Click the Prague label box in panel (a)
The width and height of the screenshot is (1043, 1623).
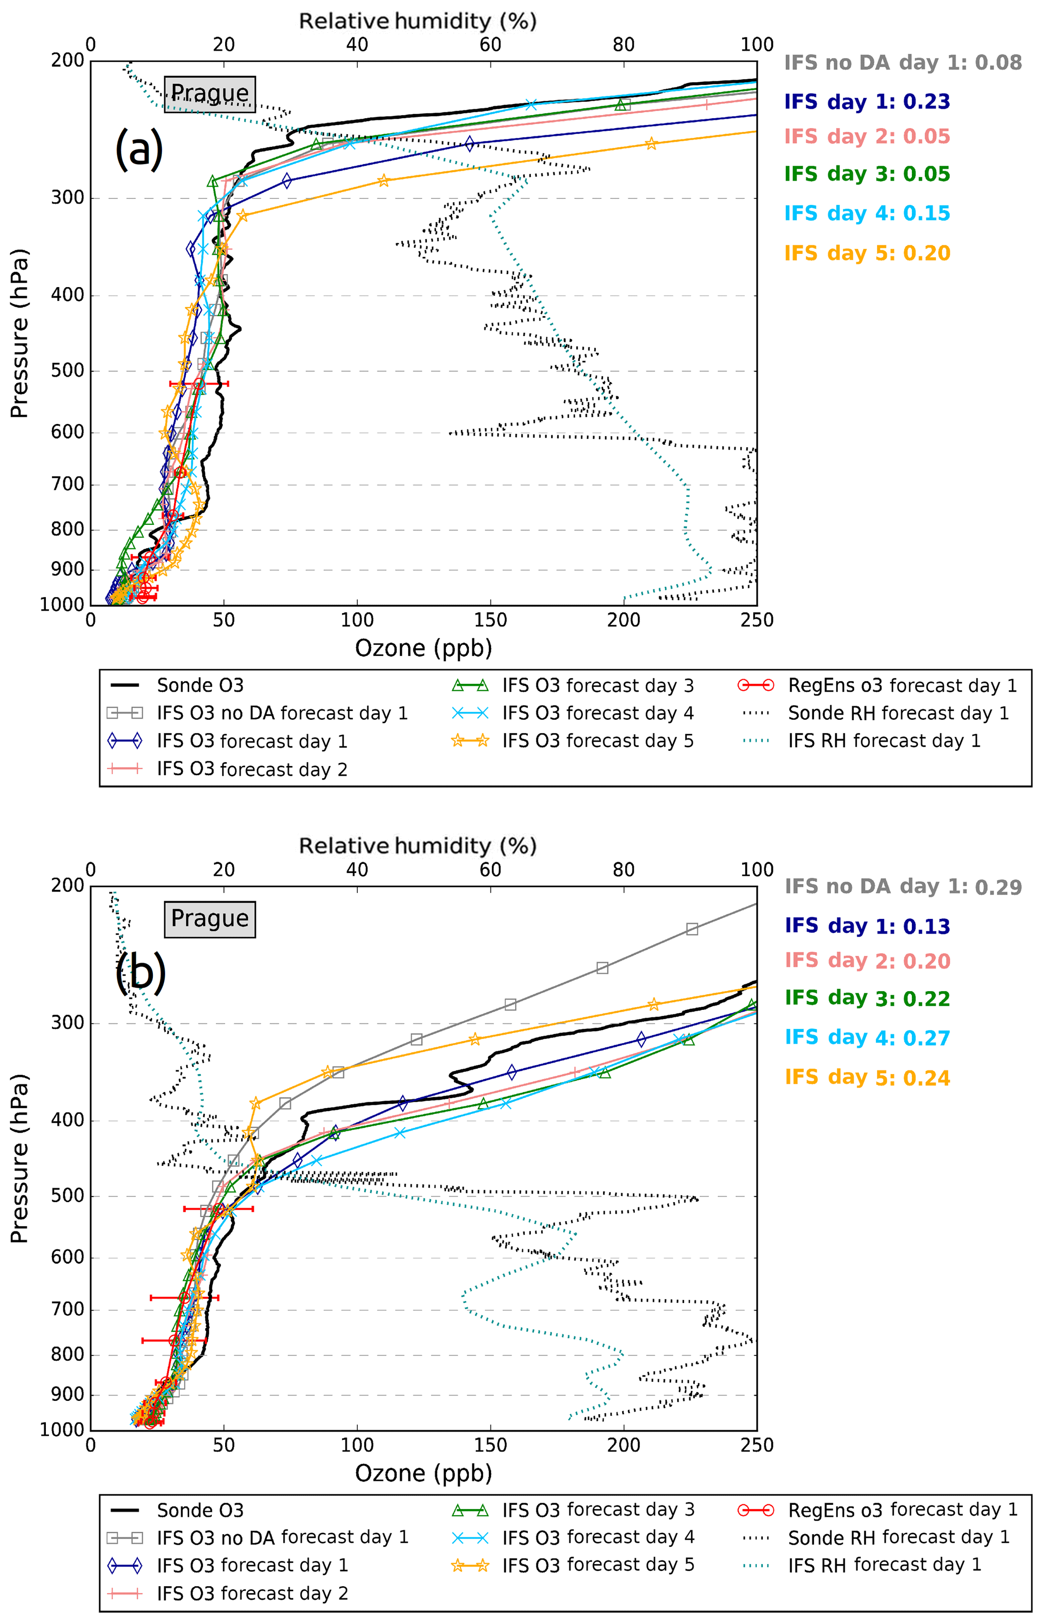point(210,93)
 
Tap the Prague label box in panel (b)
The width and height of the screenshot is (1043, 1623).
point(210,918)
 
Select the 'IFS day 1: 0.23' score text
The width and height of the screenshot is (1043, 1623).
point(867,101)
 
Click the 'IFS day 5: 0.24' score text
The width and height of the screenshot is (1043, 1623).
point(867,1077)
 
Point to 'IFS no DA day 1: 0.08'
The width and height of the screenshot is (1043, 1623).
point(903,63)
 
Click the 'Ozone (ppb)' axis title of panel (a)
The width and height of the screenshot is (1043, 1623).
point(423,648)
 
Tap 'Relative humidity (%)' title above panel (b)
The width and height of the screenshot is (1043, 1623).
point(418,845)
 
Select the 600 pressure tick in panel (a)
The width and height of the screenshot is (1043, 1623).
point(68,432)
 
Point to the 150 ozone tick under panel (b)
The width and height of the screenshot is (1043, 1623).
point(490,1445)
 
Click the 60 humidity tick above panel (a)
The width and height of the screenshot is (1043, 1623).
point(490,45)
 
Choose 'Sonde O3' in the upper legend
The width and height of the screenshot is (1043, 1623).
point(200,685)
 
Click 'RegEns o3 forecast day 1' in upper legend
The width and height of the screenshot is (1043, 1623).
point(902,685)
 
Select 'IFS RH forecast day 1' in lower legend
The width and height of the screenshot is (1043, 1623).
point(884,1565)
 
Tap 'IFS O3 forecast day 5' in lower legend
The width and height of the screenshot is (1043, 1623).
point(598,1565)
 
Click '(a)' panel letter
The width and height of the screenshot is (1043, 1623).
point(139,149)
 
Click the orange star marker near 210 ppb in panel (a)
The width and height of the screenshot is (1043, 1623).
point(651,144)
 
